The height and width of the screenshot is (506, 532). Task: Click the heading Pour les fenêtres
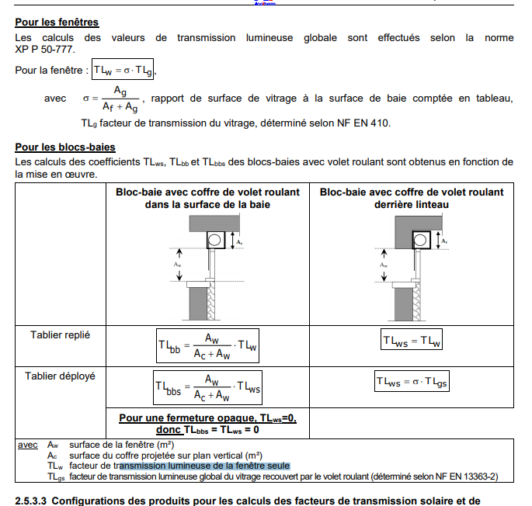pyautogui.click(x=57, y=23)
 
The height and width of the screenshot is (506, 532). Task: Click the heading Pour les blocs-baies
pyautogui.click(x=65, y=147)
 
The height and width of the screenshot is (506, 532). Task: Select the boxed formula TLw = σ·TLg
pyautogui.click(x=123, y=71)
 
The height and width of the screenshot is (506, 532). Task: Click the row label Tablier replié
pyautogui.click(x=60, y=334)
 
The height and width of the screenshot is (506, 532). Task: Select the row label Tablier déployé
pyautogui.click(x=60, y=376)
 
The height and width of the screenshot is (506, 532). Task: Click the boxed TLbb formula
pyautogui.click(x=207, y=345)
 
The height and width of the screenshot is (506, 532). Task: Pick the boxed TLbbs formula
pyautogui.click(x=207, y=386)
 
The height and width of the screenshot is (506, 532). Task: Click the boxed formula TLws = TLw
pyautogui.click(x=412, y=341)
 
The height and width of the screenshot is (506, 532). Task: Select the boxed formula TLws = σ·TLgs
pyautogui.click(x=412, y=381)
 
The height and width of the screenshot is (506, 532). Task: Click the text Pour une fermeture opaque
pyautogui.click(x=207, y=418)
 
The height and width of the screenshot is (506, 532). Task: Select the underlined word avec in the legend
pyautogui.click(x=28, y=445)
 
